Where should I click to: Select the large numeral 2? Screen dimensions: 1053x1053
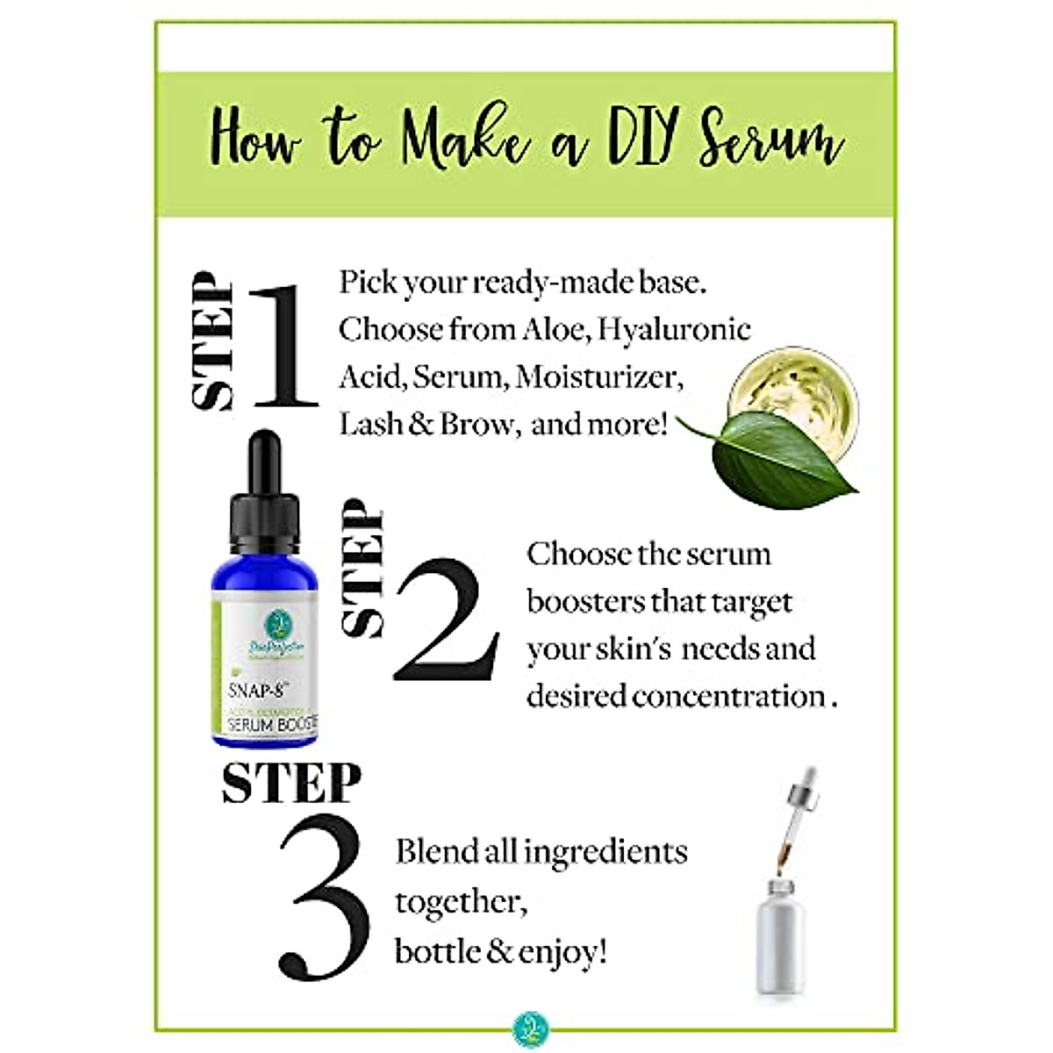pyautogui.click(x=447, y=621)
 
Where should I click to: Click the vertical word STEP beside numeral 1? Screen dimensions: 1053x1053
pyautogui.click(x=213, y=342)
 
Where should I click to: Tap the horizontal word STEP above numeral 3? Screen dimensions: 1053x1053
pyautogui.click(x=291, y=783)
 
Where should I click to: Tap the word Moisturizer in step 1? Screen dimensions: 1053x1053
pyautogui.click(x=598, y=377)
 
